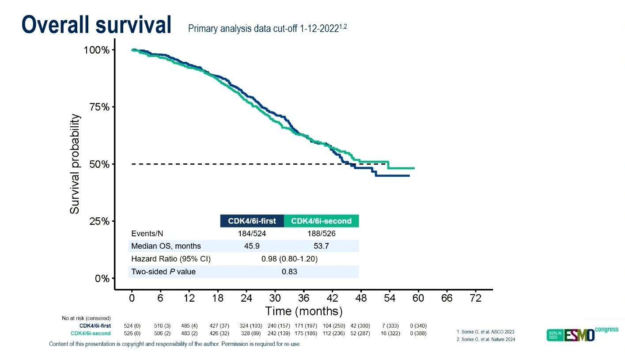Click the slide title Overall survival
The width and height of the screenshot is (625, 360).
(x=96, y=25)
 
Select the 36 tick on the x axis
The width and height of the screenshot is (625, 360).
(x=304, y=298)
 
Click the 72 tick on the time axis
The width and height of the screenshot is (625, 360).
(x=476, y=298)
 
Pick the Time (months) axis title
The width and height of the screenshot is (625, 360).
(x=303, y=311)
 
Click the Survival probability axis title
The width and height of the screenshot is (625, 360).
(x=75, y=164)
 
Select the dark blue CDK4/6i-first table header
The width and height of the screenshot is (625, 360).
(x=252, y=221)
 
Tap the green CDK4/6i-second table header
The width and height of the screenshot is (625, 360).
(x=321, y=221)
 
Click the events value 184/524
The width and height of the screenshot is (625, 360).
(x=252, y=234)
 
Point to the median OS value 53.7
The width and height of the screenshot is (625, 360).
(x=322, y=246)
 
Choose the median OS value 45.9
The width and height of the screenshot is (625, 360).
(x=252, y=246)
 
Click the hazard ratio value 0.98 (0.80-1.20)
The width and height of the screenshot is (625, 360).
(x=289, y=259)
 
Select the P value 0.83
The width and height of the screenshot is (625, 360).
(x=289, y=272)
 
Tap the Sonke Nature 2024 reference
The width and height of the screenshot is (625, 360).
(x=485, y=339)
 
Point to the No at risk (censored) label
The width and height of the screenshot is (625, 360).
(x=86, y=318)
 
